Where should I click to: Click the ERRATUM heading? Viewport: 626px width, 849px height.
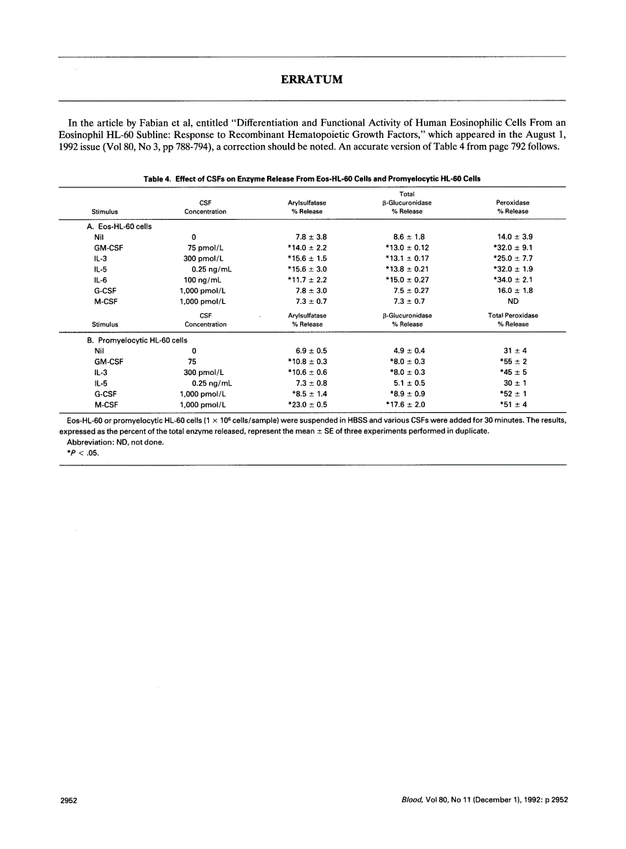312,79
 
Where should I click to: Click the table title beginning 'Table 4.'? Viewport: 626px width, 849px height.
312,178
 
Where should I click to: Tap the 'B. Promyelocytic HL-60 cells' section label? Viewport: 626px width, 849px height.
136,340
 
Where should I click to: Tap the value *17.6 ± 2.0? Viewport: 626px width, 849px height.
406,405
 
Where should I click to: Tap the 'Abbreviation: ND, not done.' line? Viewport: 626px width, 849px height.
115,442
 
